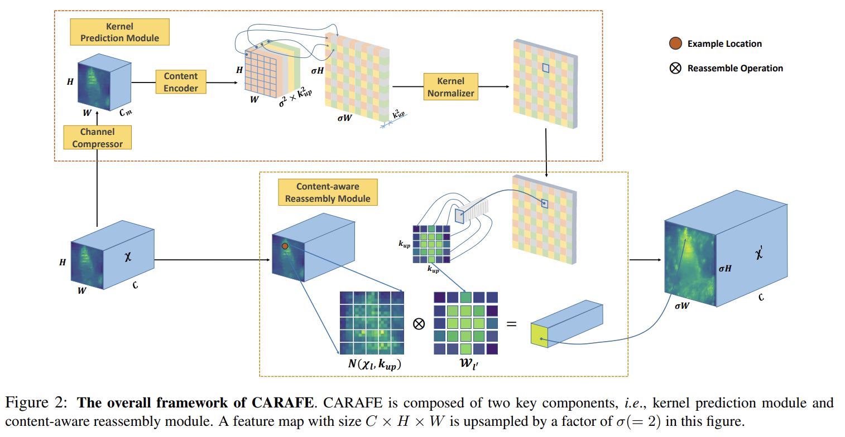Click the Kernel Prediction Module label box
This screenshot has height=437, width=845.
[119, 32]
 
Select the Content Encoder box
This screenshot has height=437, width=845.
[181, 82]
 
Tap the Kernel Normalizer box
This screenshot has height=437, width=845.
[451, 86]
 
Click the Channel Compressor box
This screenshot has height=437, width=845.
[97, 138]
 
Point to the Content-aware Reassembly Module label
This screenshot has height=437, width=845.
[328, 192]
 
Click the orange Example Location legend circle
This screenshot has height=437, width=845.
[675, 43]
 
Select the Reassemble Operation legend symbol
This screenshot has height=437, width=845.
[675, 68]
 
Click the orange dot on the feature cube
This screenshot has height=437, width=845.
[285, 246]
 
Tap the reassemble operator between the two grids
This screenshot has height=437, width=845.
[419, 324]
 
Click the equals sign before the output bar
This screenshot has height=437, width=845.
[512, 324]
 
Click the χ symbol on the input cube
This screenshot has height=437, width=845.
[128, 256]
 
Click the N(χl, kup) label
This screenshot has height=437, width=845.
[374, 365]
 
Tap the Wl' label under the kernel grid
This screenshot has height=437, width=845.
[469, 363]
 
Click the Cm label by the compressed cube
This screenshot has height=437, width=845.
[126, 112]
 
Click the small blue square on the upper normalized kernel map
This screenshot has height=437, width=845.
[545, 68]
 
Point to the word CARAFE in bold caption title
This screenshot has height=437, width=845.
[282, 402]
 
